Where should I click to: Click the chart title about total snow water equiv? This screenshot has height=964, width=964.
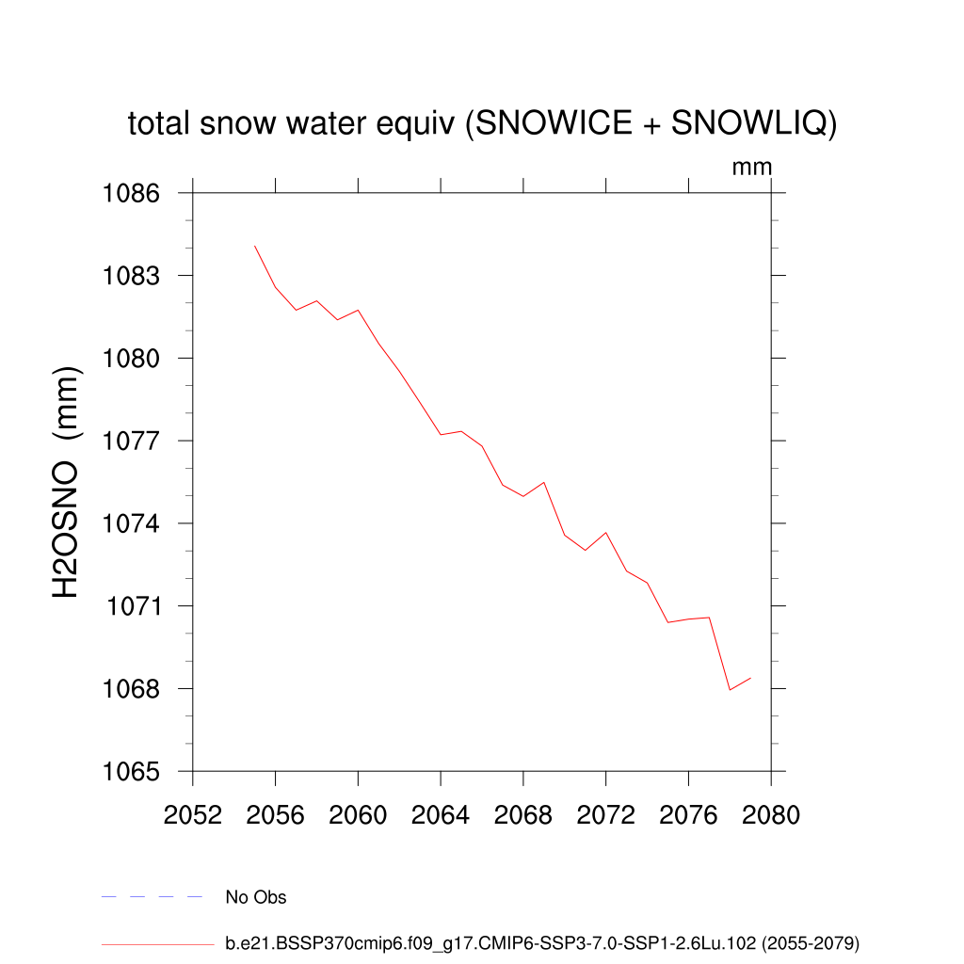(482, 123)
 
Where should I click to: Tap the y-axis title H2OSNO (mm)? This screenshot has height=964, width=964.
(67, 482)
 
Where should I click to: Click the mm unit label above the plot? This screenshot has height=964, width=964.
(751, 168)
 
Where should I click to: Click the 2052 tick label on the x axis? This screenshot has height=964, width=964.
(192, 815)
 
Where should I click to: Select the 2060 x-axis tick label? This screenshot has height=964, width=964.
(358, 815)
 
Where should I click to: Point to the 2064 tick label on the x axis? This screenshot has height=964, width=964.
(441, 815)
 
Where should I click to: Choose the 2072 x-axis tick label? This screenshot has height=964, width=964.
(606, 815)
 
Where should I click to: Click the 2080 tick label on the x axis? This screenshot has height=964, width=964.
(771, 815)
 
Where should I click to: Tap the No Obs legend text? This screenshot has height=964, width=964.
(256, 897)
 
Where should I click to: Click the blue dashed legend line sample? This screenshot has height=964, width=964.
(152, 897)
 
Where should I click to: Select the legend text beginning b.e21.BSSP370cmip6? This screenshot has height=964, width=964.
(542, 942)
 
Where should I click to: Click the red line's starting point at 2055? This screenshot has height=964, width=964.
(255, 246)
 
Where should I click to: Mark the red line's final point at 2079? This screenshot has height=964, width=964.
(750, 678)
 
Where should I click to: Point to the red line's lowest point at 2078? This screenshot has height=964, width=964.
(730, 690)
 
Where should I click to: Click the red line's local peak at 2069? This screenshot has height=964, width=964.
(544, 482)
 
